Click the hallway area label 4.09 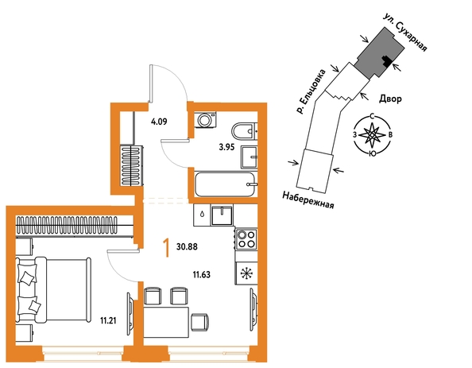[x=159, y=122]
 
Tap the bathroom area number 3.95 [x=226, y=148]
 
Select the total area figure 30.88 [x=187, y=246]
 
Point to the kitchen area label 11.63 [x=201, y=274]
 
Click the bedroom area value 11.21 [x=108, y=321]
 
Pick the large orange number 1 [x=165, y=247]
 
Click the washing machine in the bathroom [x=205, y=120]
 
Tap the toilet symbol [x=245, y=131]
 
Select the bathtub [x=226, y=184]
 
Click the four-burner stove [x=246, y=238]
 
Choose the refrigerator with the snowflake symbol [x=246, y=273]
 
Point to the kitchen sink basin [x=222, y=215]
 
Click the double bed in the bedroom [x=53, y=289]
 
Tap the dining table [x=166, y=322]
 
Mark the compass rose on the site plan [x=372, y=135]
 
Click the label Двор [x=390, y=99]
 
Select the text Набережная [x=308, y=200]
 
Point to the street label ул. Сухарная [x=406, y=32]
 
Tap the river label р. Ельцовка [x=311, y=91]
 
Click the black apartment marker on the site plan [x=386, y=61]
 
